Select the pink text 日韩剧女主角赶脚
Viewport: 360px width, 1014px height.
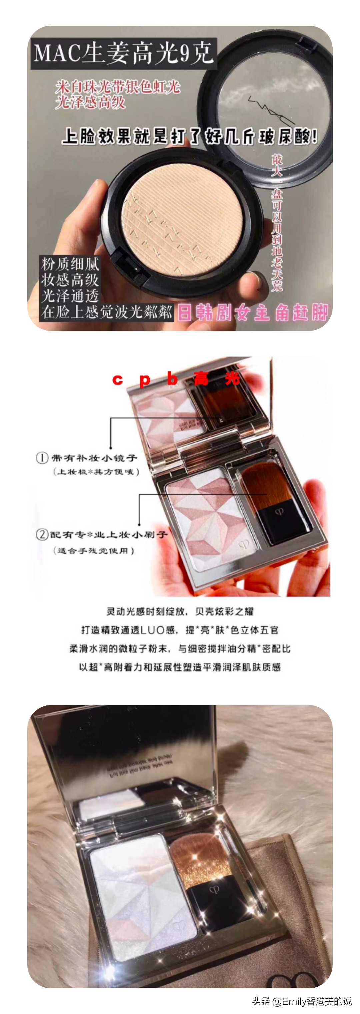[x=252, y=313]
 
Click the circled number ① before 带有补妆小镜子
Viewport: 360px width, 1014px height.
[x=42, y=458]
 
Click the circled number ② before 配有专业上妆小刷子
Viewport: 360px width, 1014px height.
[x=42, y=534]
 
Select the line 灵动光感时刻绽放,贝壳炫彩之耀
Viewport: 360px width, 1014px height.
[x=180, y=611]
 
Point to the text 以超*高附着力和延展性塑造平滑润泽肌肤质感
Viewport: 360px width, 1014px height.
[x=180, y=667]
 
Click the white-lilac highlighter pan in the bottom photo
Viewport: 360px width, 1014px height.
[x=142, y=901]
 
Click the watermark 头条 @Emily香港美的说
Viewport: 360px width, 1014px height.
[x=301, y=1001]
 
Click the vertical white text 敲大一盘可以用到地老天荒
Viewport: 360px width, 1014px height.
[x=277, y=222]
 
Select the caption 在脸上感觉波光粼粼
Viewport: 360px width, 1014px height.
[x=106, y=312]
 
